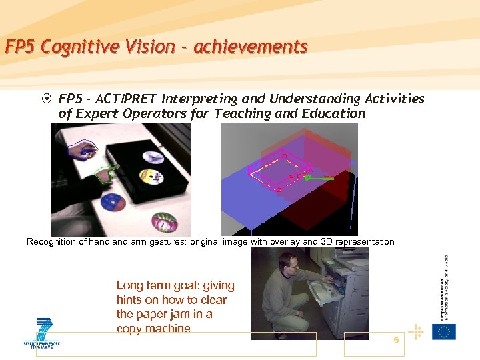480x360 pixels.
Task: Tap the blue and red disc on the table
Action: pos(112,203)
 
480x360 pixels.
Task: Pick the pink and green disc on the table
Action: pos(164,221)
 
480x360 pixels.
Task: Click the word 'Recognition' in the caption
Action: pos(52,241)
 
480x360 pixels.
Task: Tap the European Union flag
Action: pos(443,332)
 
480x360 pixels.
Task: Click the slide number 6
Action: pos(396,340)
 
